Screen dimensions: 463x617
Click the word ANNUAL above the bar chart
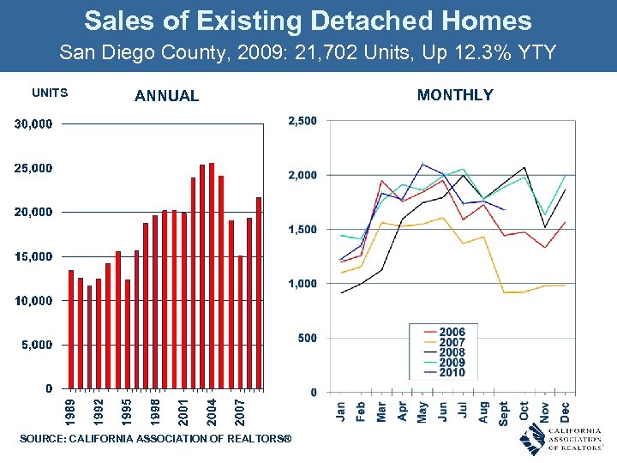pos(166,96)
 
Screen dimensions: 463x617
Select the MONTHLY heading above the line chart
pos(455,95)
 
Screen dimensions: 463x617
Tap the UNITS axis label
pos(50,93)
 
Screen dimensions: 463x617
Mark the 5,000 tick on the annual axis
pos(36,345)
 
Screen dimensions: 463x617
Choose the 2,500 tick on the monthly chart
pos(301,121)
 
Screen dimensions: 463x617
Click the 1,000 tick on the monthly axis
pos(301,284)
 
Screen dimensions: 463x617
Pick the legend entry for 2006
pos(451,332)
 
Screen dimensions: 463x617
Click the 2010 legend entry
pos(451,372)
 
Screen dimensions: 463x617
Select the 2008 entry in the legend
pos(451,352)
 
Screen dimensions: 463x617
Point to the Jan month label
pos(340,412)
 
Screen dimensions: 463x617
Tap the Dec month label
pos(566,412)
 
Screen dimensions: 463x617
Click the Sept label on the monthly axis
pos(504,413)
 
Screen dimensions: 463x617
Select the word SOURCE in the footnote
pos(41,439)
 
